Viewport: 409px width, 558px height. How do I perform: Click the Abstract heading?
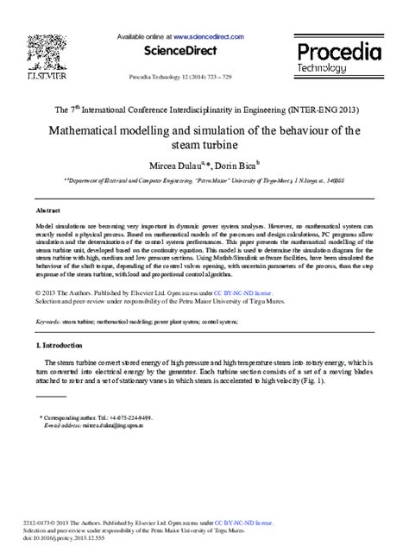pos(47,210)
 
